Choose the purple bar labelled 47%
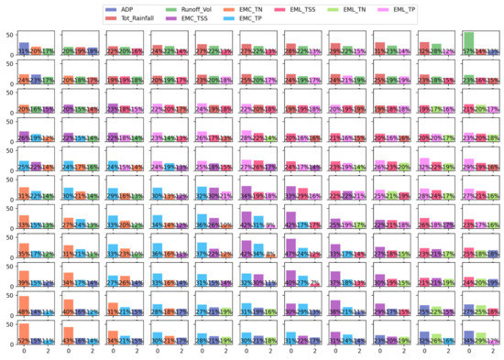(290, 248)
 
